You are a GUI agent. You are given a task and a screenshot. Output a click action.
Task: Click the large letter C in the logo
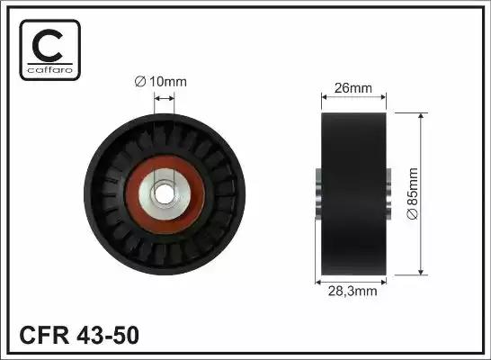pos(48,45)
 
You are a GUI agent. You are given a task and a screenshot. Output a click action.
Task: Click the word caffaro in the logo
pos(50,69)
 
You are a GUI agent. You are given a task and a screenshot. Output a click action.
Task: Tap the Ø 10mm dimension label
pos(161,82)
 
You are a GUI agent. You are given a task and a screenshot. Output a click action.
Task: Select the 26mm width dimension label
pos(353,88)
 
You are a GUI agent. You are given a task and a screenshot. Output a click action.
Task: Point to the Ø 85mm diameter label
pos(413,193)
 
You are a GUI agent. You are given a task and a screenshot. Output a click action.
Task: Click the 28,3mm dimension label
pos(353,292)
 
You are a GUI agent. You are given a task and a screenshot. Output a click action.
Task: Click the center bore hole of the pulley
pos(164,193)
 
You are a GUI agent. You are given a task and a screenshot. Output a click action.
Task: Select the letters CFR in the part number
pos(44,335)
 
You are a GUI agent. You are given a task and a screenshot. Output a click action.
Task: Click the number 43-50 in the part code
pos(108,335)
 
